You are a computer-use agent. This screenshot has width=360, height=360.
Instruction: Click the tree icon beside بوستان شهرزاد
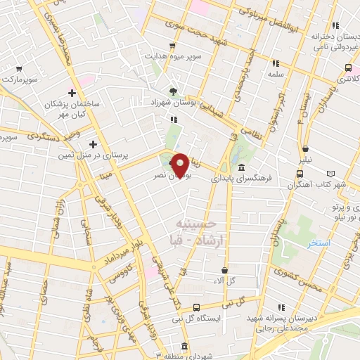[x=173, y=92]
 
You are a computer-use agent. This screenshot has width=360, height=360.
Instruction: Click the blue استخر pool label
[x=319, y=243]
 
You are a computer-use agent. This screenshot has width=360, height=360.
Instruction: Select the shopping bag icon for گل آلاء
[x=224, y=270]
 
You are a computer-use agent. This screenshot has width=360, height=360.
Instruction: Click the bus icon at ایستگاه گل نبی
[x=196, y=307]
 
